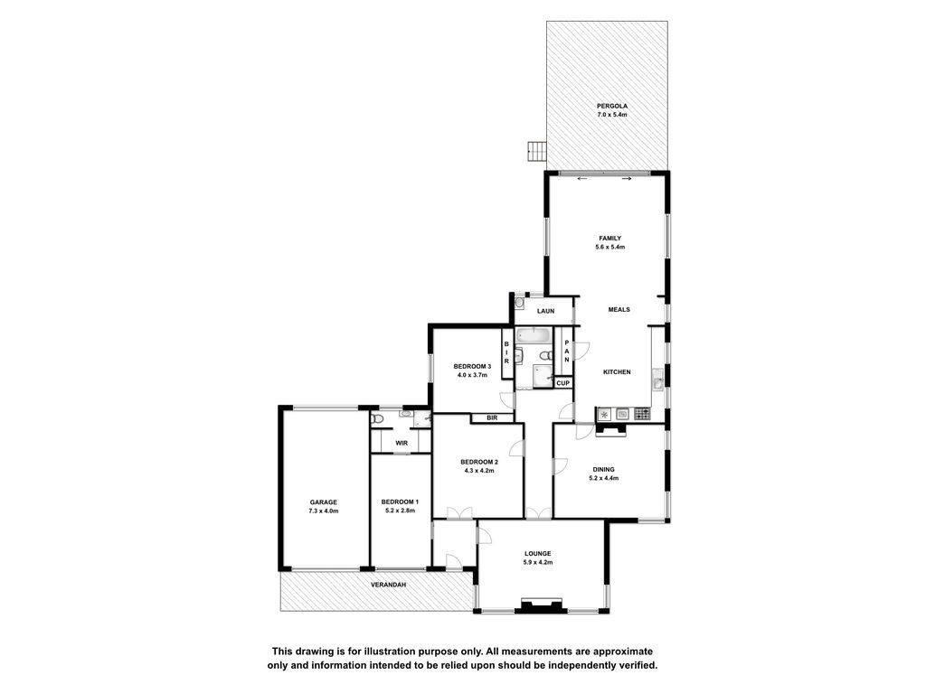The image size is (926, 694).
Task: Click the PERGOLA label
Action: tap(612, 107)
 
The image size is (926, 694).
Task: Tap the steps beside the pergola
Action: tap(537, 151)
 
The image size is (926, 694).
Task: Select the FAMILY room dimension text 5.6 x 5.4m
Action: tap(610, 248)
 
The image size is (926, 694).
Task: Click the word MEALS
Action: tap(619, 309)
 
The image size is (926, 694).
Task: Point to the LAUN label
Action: tap(545, 311)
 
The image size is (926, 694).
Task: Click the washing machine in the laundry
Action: tap(519, 303)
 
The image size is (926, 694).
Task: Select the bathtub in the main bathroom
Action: tap(534, 336)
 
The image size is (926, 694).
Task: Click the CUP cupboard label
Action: tap(562, 383)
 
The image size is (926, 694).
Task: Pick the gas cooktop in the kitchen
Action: tap(642, 414)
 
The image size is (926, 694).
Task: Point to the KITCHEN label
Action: tap(617, 371)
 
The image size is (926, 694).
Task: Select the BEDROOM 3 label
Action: tap(472, 366)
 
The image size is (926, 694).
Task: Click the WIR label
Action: tap(402, 443)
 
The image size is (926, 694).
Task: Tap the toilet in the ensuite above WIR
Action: tap(377, 419)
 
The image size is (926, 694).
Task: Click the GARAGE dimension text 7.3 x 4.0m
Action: tap(324, 511)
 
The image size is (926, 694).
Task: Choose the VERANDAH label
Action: tap(388, 585)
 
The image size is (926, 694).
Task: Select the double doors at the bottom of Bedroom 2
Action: tap(459, 513)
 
